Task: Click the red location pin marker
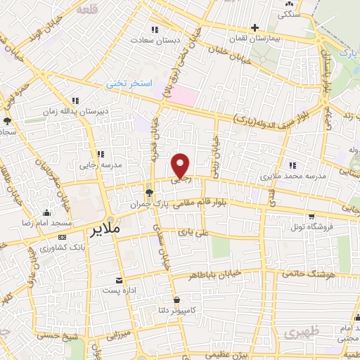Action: (181, 165)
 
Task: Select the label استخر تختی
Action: (129, 83)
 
